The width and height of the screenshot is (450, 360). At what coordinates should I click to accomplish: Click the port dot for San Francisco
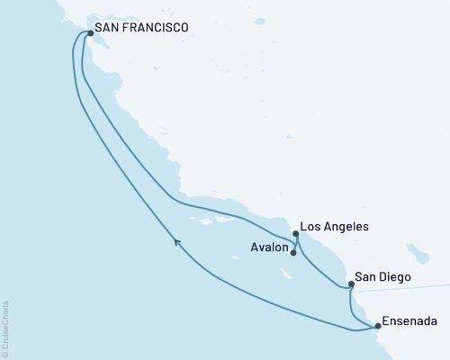click(90, 35)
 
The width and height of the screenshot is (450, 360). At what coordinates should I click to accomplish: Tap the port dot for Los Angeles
click(295, 234)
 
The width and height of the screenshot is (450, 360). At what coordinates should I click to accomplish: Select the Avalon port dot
click(293, 253)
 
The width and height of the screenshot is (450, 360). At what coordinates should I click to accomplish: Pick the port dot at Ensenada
click(378, 326)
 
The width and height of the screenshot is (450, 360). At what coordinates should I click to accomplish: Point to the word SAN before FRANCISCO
click(109, 29)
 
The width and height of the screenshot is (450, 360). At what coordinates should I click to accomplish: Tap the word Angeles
click(347, 228)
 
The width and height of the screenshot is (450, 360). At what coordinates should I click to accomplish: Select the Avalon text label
click(267, 247)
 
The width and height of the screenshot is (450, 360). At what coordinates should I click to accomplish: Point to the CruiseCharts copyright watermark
click(5, 329)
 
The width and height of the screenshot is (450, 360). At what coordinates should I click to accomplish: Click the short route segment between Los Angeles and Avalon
click(296, 244)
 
